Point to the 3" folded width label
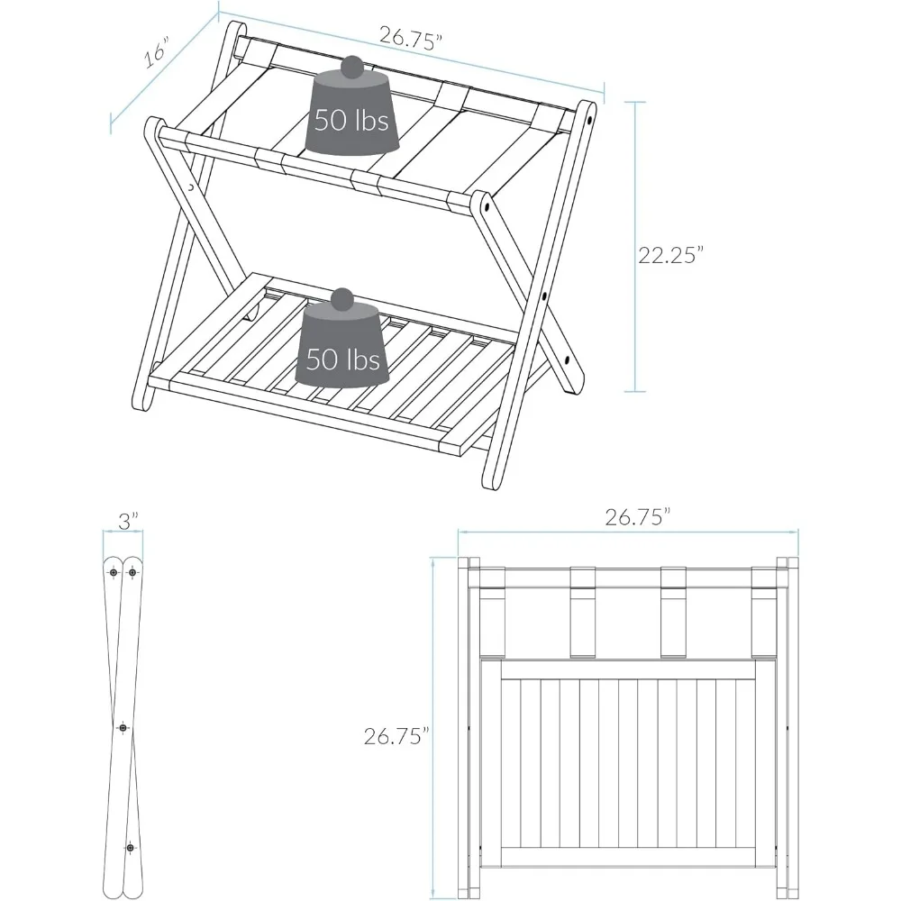(x=128, y=521)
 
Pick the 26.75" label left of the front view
(x=395, y=736)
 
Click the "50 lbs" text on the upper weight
(x=351, y=120)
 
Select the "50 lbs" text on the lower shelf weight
(x=343, y=360)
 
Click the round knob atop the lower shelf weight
(x=342, y=299)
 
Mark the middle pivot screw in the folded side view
(x=123, y=726)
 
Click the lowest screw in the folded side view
(x=131, y=848)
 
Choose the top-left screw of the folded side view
(x=114, y=571)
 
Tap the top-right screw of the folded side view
(x=133, y=571)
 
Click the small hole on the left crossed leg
(x=192, y=188)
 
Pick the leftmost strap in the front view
(x=492, y=622)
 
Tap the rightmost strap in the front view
(x=764, y=622)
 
